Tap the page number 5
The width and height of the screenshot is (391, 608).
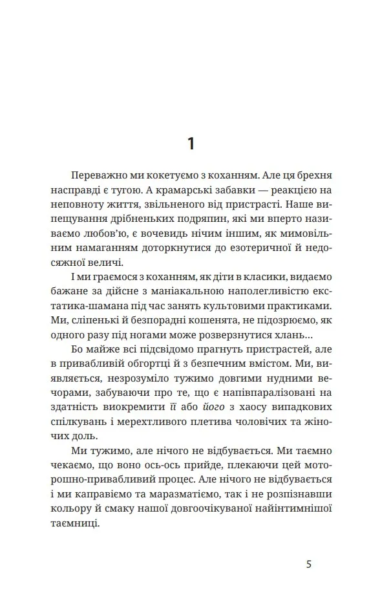pyautogui.click(x=309, y=564)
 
